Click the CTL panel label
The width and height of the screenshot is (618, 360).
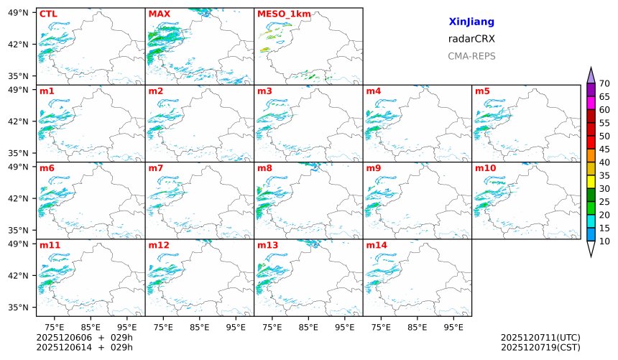(47, 14)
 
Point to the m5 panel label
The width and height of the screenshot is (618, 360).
(482, 91)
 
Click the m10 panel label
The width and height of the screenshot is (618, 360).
(485, 168)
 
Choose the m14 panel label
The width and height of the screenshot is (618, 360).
(376, 246)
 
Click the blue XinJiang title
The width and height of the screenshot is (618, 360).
(471, 22)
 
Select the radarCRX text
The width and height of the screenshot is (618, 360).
(471, 39)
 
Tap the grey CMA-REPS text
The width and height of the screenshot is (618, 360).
(471, 56)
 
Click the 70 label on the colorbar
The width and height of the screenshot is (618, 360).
(604, 84)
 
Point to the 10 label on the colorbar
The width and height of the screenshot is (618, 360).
(604, 241)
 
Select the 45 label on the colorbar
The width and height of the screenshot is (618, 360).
(604, 149)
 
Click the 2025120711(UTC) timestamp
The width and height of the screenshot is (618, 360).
(540, 338)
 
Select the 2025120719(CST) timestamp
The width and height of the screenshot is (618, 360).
(540, 348)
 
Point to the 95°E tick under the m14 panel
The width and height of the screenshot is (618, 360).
(453, 328)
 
